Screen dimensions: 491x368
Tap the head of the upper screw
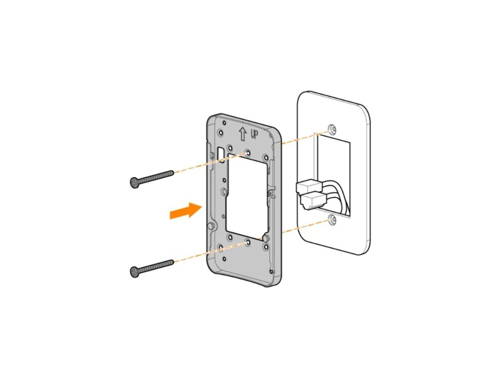pyautogui.click(x=135, y=182)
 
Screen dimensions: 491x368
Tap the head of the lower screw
pyautogui.click(x=135, y=272)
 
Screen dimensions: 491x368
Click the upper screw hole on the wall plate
pyautogui.click(x=332, y=130)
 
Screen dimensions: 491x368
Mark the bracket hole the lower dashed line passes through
pyautogui.click(x=247, y=242)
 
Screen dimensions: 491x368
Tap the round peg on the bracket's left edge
pyautogui.click(x=210, y=226)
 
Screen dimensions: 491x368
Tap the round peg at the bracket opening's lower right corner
pyautogui.click(x=264, y=237)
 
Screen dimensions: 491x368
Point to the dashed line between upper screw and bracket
pyautogui.click(x=206, y=163)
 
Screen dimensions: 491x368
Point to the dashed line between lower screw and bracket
pyautogui.click(x=206, y=253)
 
